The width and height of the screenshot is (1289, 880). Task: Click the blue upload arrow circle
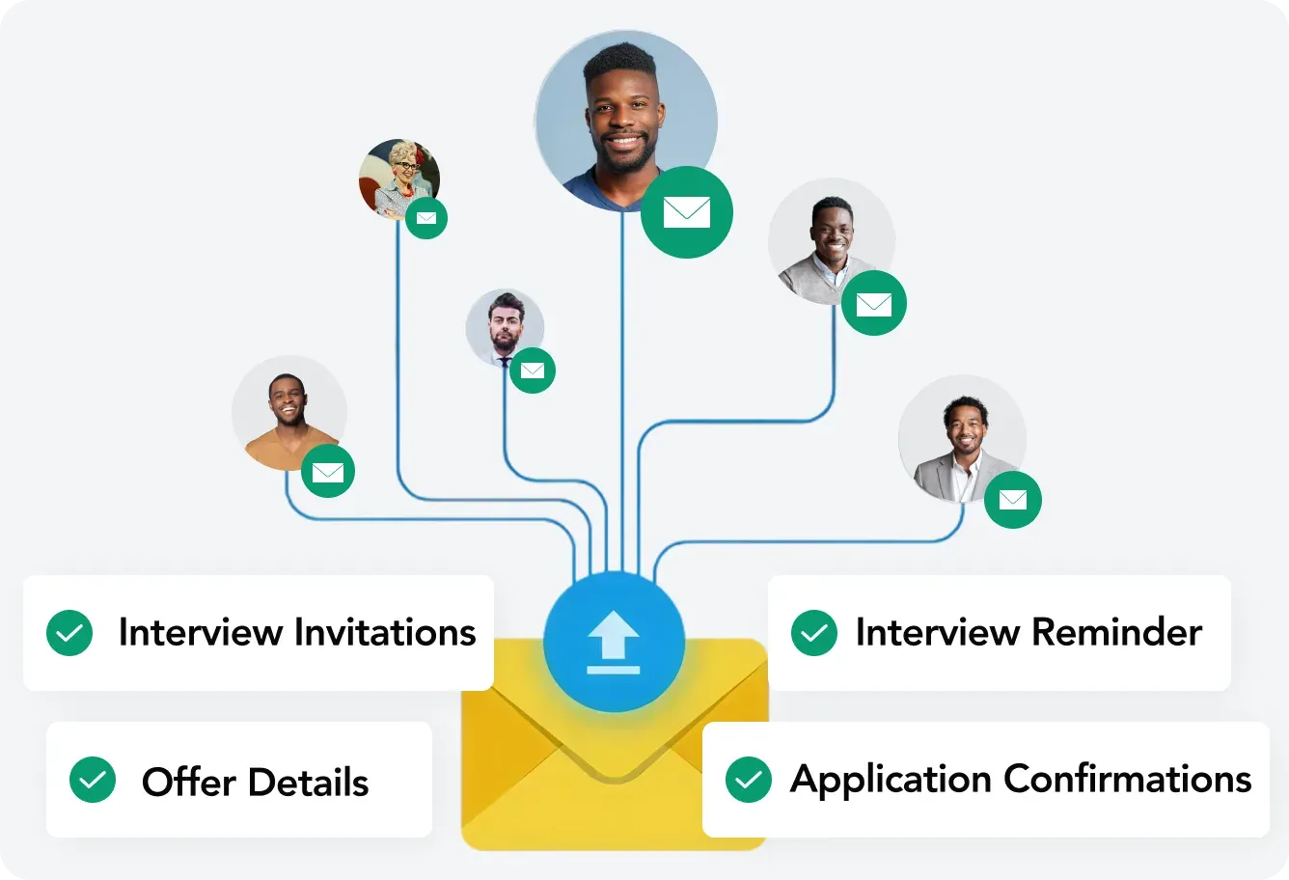pos(614,642)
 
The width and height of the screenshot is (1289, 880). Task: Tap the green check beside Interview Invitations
pos(69,633)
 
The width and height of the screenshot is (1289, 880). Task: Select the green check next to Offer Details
pos(93,780)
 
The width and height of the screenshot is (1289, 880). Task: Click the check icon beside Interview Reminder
pos(814,633)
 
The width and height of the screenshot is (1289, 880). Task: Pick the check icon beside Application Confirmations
pos(749,780)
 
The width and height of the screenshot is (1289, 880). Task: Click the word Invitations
pos(385,633)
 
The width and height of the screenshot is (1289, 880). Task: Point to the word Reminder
pos(1117,633)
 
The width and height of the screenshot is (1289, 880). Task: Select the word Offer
pos(189,782)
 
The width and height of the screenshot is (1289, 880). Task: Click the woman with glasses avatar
pos(398,178)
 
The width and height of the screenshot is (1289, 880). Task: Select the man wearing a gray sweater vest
pos(830,241)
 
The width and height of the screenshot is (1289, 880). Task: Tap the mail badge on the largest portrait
pos(687,212)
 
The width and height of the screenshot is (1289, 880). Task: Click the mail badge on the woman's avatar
pos(425,218)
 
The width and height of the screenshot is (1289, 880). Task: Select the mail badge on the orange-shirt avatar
pos(328,472)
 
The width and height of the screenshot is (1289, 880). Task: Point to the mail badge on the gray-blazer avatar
pos(1013,500)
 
